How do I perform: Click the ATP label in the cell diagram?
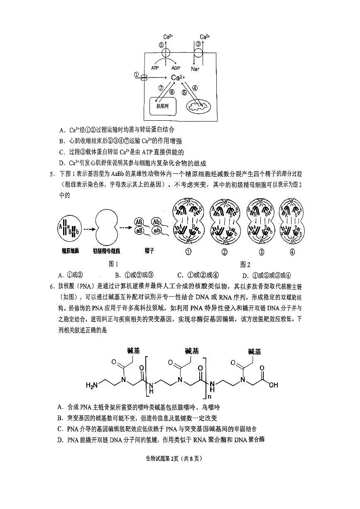(x=155, y=68)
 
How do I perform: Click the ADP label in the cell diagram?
(x=176, y=68)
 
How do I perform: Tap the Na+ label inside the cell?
(x=196, y=69)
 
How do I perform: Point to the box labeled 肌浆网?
(x=162, y=105)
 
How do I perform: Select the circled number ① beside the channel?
(x=136, y=74)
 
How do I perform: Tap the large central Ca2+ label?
(x=178, y=78)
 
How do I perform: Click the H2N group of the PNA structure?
(x=92, y=385)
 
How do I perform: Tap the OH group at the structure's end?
(x=273, y=385)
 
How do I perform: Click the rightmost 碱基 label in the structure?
(x=254, y=352)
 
